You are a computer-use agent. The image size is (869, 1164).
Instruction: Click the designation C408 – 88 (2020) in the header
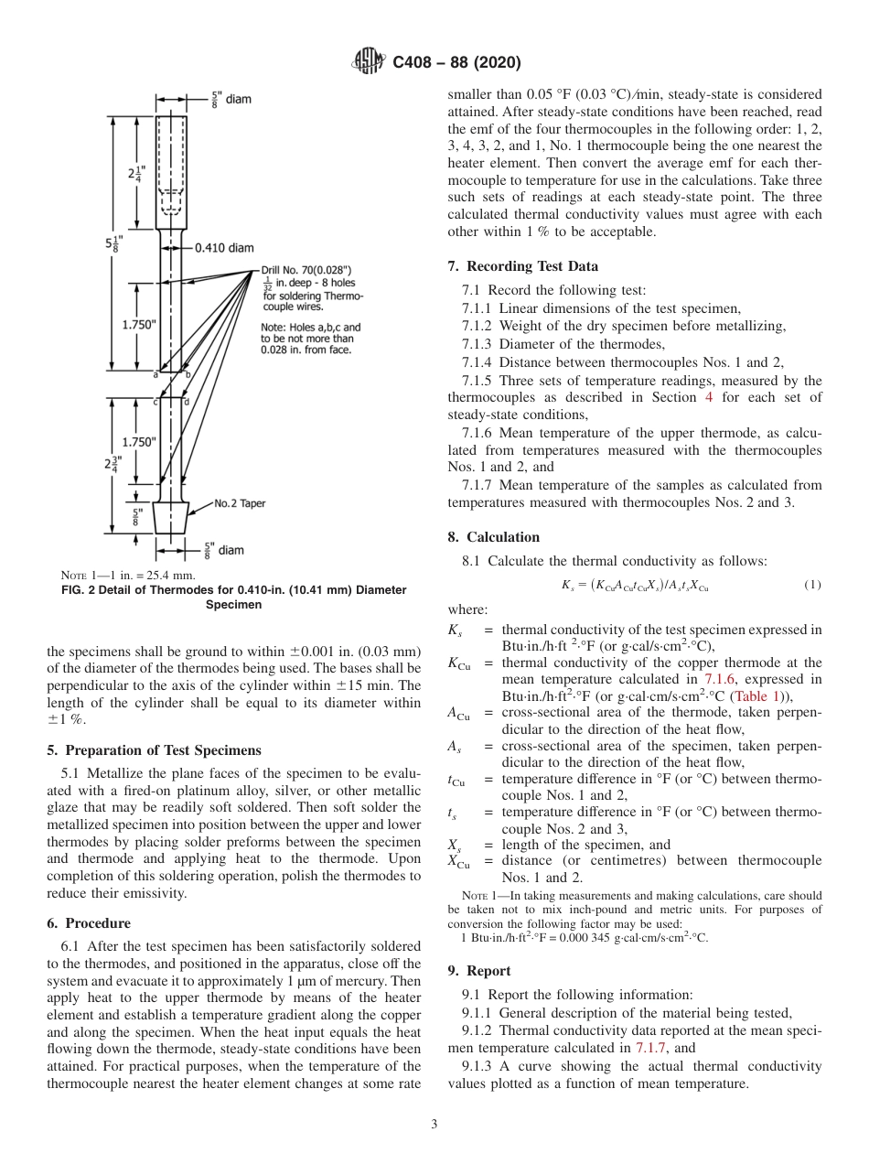[x=456, y=62]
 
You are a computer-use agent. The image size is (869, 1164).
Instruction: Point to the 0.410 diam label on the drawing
[x=224, y=246]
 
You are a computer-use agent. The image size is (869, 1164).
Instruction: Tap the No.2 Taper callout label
[x=241, y=503]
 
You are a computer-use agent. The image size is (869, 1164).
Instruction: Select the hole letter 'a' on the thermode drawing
[x=155, y=374]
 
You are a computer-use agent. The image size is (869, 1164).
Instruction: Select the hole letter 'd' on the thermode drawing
[x=187, y=402]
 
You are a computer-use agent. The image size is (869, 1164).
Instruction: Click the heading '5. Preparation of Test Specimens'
[x=154, y=750]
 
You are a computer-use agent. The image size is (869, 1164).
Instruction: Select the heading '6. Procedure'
[x=88, y=923]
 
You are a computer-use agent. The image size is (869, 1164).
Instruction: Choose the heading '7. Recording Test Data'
[x=523, y=266]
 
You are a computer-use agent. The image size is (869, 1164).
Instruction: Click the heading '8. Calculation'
[x=494, y=537]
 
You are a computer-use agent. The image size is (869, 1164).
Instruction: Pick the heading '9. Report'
[x=479, y=971]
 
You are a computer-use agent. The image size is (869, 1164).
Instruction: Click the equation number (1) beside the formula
[x=811, y=585]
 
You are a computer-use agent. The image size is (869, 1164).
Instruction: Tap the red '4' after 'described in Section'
[x=708, y=397]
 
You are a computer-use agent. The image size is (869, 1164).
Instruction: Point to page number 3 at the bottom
[x=434, y=1124]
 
